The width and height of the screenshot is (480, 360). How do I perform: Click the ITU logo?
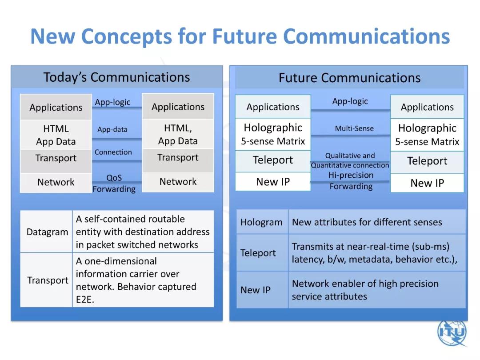pyautogui.click(x=452, y=332)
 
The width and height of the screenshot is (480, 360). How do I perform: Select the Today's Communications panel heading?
pyautogui.click(x=116, y=77)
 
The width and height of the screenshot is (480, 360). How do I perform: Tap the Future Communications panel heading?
pyautogui.click(x=349, y=78)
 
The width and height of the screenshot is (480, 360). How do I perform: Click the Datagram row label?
pyautogui.click(x=47, y=232)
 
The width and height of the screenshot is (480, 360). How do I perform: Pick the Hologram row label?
pyautogui.click(x=261, y=222)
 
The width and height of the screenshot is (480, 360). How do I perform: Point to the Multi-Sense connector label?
pyautogui.click(x=354, y=128)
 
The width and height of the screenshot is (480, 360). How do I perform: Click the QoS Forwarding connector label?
pyautogui.click(x=114, y=184)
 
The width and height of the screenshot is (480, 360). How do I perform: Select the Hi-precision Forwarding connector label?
pyautogui.click(x=351, y=180)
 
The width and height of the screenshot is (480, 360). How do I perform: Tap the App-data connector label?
pyautogui.click(x=112, y=129)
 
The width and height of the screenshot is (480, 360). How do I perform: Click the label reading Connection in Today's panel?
pyautogui.click(x=113, y=152)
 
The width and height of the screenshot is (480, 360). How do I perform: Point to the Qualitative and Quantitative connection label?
pyautogui.click(x=350, y=160)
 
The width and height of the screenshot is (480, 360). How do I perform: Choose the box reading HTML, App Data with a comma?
pyautogui.click(x=178, y=134)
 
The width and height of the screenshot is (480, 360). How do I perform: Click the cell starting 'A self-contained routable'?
pyautogui.click(x=143, y=232)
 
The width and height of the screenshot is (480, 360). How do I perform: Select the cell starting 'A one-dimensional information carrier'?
pyautogui.click(x=143, y=280)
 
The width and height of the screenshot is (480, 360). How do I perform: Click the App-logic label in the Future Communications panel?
pyautogui.click(x=350, y=101)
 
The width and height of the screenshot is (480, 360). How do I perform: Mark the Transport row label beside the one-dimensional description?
pyautogui.click(x=48, y=280)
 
